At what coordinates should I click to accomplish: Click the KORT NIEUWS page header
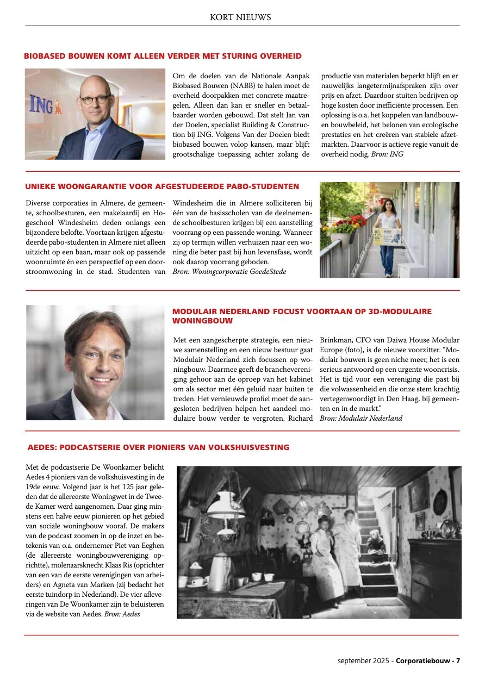(240, 17)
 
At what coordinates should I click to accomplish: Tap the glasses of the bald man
(95, 99)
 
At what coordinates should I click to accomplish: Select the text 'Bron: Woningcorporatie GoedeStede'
(229, 271)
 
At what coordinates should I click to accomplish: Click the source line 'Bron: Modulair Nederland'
(361, 418)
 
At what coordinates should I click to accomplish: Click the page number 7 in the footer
(458, 661)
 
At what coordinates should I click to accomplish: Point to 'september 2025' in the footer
(363, 661)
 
